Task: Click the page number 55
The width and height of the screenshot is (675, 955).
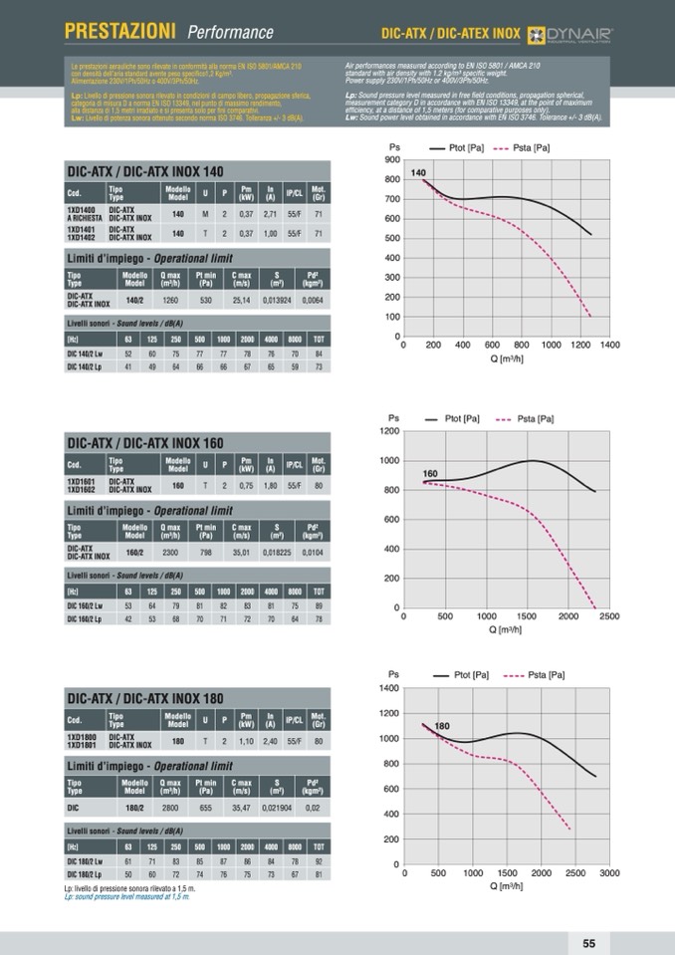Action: pyautogui.click(x=588, y=943)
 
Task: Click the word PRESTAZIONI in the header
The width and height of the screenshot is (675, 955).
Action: pyautogui.click(x=120, y=32)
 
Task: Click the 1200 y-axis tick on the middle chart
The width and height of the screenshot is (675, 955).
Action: pyautogui.click(x=389, y=431)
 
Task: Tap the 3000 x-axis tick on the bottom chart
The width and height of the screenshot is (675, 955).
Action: pyautogui.click(x=609, y=872)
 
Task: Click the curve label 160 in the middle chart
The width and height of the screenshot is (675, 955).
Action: pyautogui.click(x=431, y=473)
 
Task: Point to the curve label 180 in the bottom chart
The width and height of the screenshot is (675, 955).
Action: pyautogui.click(x=442, y=726)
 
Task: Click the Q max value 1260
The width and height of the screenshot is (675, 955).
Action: pyautogui.click(x=170, y=299)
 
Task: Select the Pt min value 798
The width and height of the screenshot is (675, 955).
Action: pyautogui.click(x=206, y=551)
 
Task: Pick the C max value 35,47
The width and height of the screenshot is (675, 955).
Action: pyautogui.click(x=241, y=808)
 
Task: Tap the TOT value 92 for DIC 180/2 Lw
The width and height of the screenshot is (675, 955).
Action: pyautogui.click(x=318, y=860)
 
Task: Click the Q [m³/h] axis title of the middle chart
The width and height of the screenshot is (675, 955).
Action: pyautogui.click(x=506, y=629)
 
